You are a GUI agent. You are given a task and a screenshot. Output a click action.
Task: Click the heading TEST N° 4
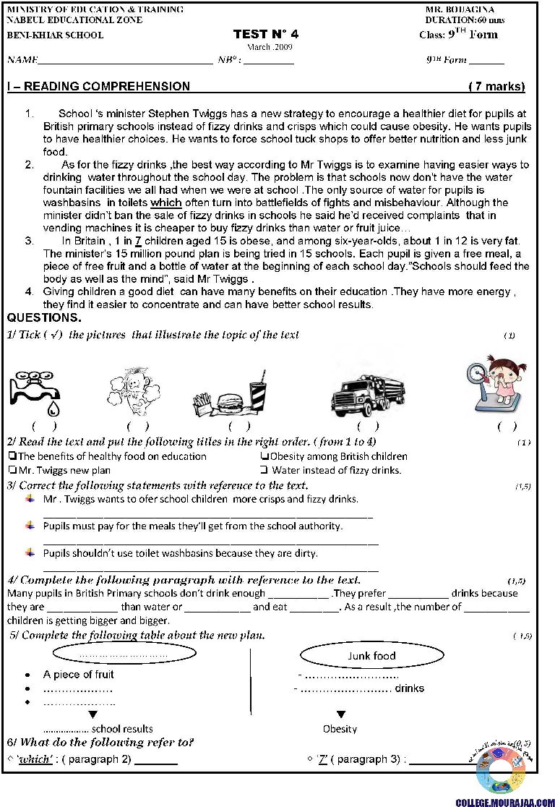coord(265,34)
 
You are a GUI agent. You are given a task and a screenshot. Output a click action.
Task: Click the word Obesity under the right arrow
coord(340,729)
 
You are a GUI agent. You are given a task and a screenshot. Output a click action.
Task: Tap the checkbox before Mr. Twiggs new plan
coord(12,470)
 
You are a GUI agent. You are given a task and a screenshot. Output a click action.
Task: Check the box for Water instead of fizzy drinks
coord(264,470)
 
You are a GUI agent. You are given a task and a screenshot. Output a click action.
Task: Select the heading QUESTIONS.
coord(44,318)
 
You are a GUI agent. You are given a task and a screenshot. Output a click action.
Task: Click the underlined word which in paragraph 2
coord(165,203)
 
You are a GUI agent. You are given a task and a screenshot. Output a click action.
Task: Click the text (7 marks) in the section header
coord(496,87)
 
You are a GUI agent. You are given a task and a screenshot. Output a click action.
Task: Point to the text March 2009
coord(269,47)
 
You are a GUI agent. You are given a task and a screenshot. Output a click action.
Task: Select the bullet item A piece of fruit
coord(78,675)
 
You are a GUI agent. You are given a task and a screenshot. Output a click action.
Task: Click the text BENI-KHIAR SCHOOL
coord(55,35)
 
